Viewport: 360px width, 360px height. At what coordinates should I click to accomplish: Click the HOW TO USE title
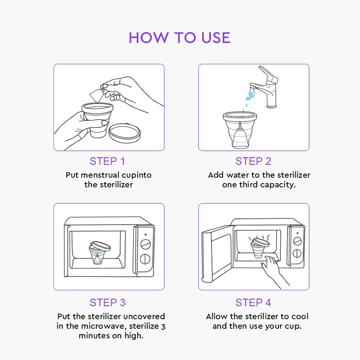180,38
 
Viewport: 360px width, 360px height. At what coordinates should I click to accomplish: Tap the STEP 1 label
107,161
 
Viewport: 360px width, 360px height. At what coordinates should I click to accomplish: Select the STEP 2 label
253,161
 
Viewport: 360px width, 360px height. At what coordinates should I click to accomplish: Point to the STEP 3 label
108,302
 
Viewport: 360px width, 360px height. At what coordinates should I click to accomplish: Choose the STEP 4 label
253,302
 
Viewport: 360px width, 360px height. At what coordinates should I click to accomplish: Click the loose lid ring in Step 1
125,133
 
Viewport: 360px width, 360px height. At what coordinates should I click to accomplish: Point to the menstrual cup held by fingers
97,95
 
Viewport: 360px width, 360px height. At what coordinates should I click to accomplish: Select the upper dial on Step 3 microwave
145,244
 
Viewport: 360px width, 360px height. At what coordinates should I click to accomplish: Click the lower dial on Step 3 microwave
145,259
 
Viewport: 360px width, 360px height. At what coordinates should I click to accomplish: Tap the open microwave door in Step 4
217,254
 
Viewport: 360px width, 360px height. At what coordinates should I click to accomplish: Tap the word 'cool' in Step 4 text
300,316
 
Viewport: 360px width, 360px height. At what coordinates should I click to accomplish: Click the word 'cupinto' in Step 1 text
136,175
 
